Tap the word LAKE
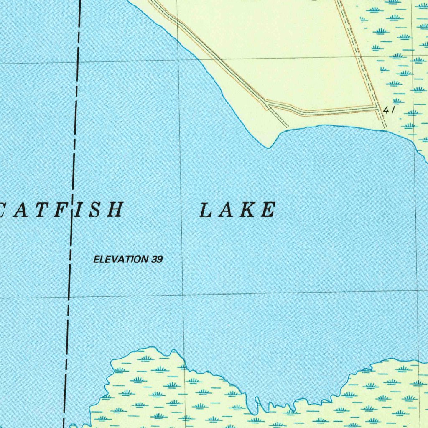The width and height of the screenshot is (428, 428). click(237, 210)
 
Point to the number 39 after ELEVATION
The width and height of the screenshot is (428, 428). click(157, 260)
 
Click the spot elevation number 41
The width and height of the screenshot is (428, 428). click(389, 110)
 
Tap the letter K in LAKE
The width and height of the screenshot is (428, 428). click(246, 210)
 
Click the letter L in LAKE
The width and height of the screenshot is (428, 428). click(204, 210)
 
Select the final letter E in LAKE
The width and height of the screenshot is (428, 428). click(268, 210)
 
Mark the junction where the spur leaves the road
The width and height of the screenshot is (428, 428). click(267, 104)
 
